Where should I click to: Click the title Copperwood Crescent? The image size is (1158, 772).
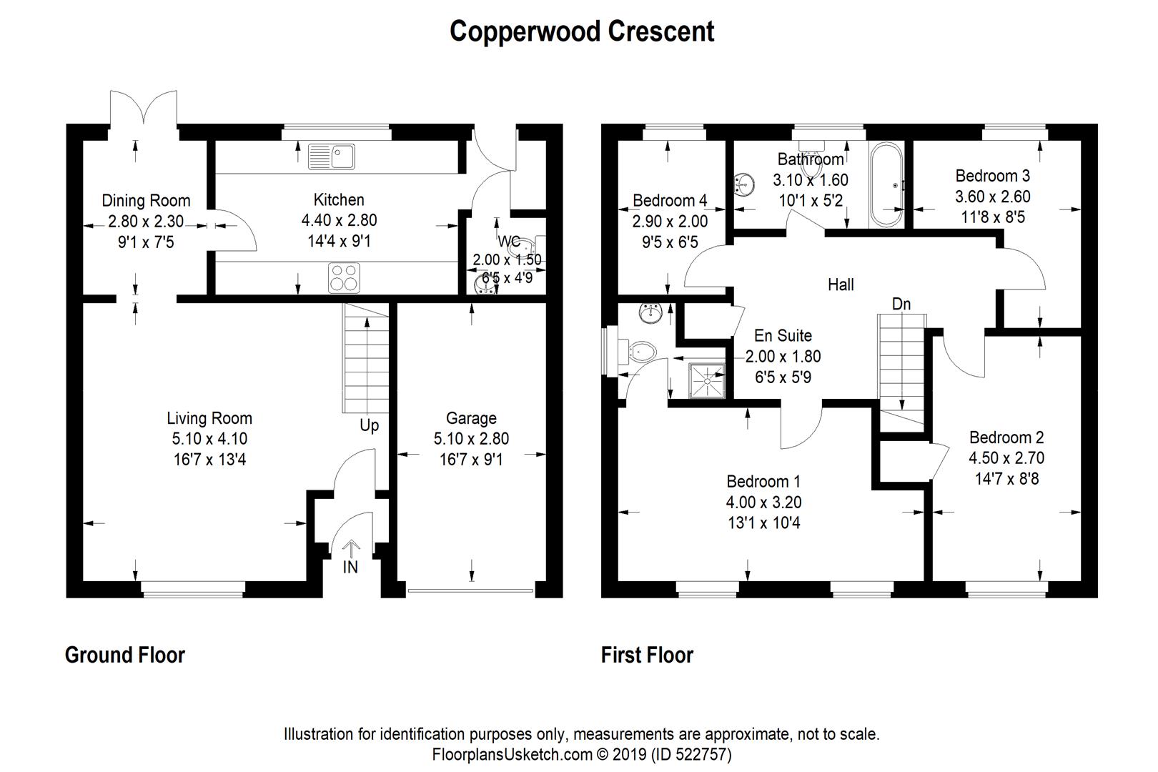pos(581,31)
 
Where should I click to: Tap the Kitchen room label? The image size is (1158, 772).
pos(339,200)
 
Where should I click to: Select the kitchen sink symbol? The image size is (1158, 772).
pos(332,157)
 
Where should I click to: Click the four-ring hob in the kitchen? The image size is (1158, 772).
pos(344,277)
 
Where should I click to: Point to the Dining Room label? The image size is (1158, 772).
pos(146,201)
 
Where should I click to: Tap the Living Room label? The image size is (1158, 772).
pos(209,418)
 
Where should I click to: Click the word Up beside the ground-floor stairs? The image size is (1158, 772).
pos(369,425)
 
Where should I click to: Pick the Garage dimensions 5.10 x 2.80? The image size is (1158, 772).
pos(471,439)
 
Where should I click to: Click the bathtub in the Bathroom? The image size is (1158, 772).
pos(886,185)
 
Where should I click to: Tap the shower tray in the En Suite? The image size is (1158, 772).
pos(707,380)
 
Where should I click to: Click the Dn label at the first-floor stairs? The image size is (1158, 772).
pos(901,304)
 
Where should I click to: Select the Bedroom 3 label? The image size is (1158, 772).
pos(993,176)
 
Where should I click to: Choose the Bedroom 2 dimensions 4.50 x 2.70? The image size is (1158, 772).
pos(1006,457)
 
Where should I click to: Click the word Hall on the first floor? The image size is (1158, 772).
pos(841,284)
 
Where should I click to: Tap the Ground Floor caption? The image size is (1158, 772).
pos(125,655)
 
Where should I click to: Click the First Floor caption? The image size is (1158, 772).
pos(647,655)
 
